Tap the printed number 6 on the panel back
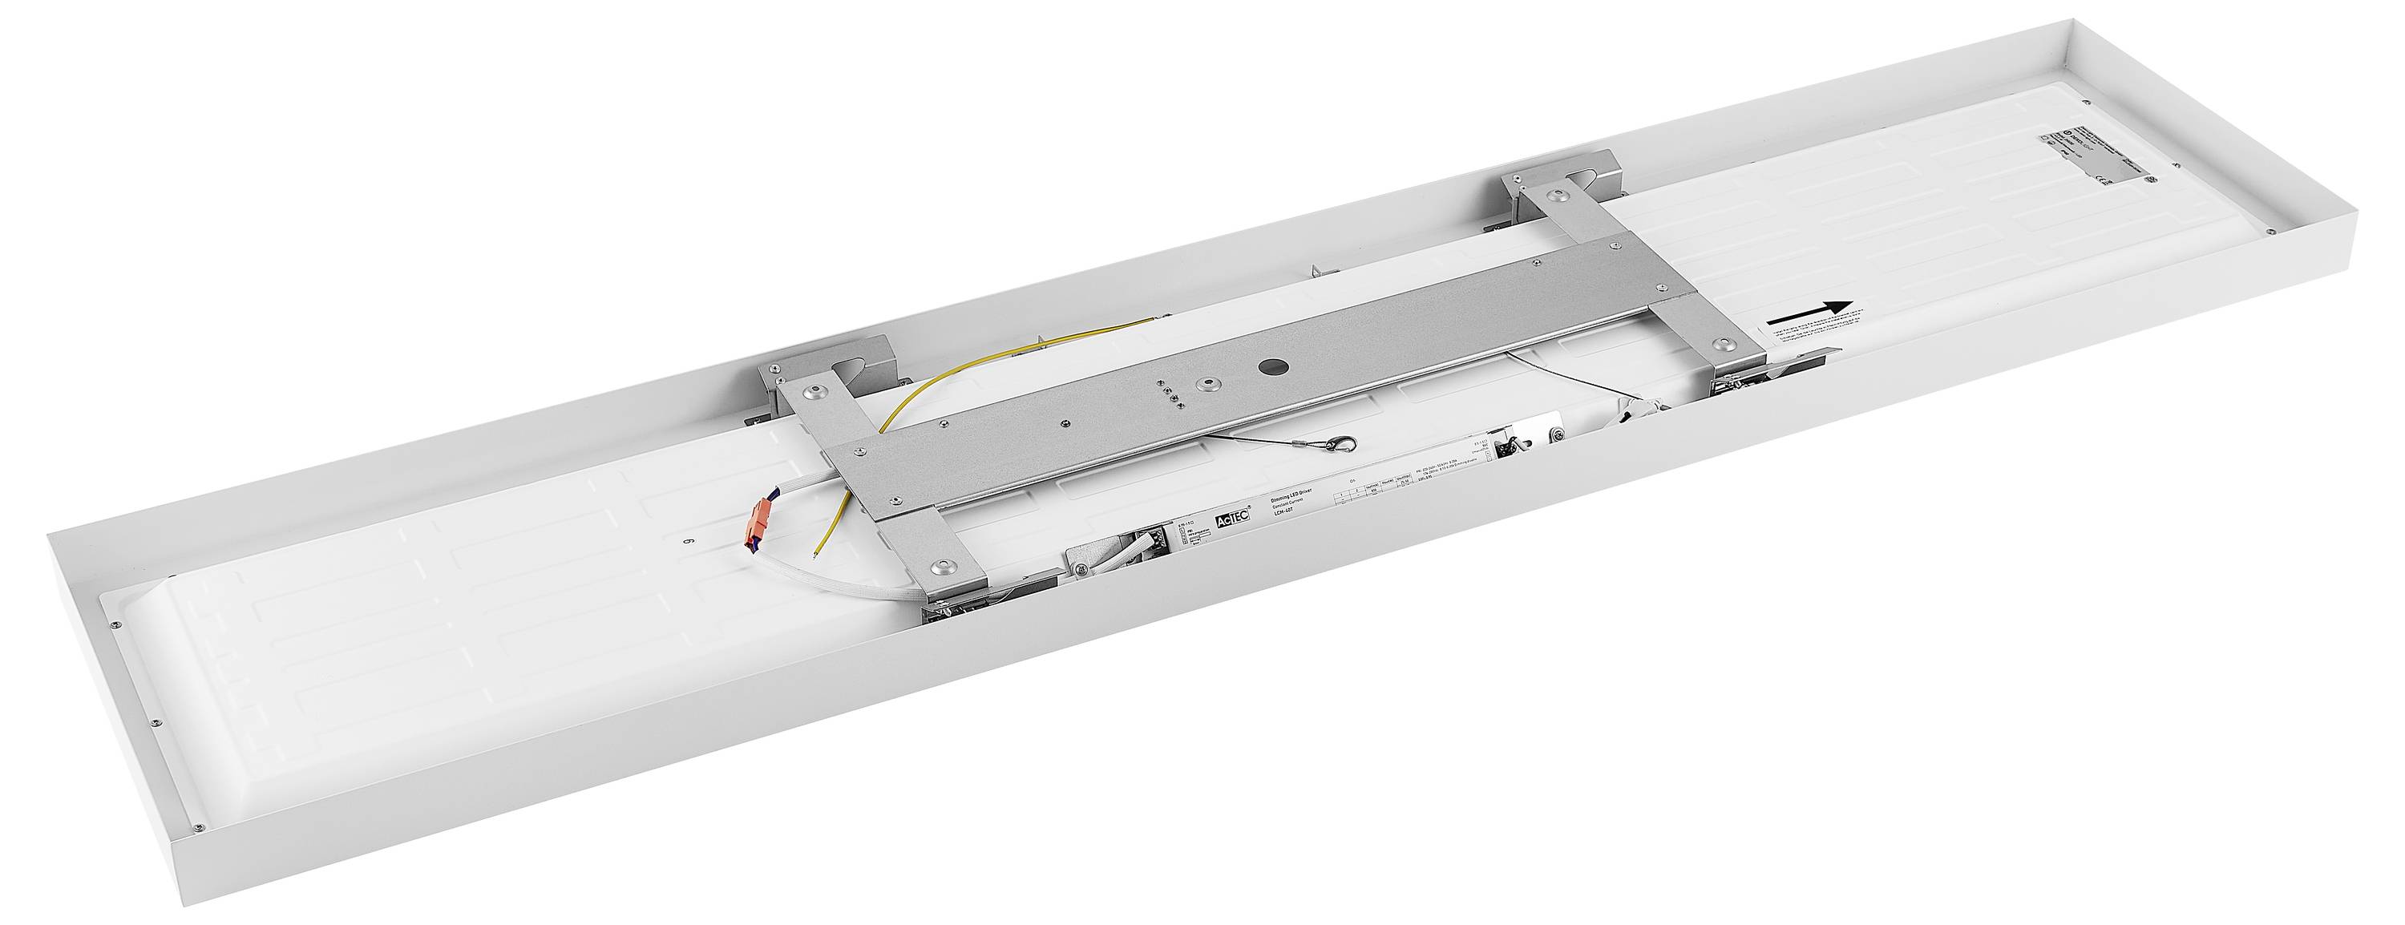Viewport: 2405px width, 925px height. click(689, 562)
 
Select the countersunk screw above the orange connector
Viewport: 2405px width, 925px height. click(819, 391)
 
